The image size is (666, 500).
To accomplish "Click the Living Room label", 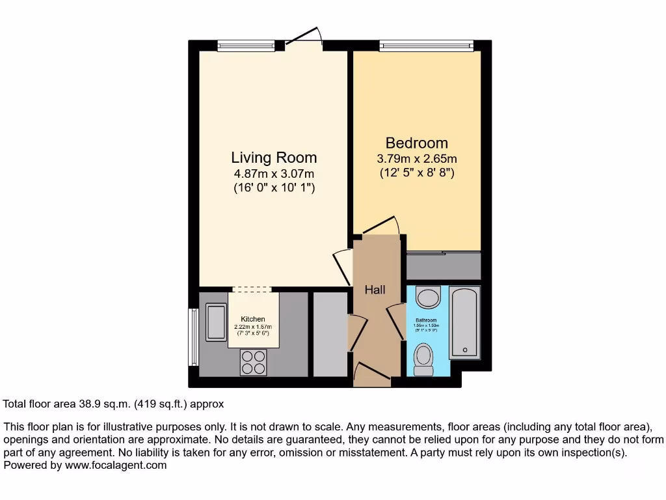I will point(274,158).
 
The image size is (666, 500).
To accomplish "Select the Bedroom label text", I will point(416,143).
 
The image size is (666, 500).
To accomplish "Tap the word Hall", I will point(375,289).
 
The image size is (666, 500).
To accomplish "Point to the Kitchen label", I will point(253,319).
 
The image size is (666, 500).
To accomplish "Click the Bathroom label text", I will point(427,321).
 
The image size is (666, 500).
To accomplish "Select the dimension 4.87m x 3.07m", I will point(274,173).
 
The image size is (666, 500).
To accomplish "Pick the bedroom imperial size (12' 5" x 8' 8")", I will point(416,173).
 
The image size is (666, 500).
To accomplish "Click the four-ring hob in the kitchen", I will point(254,362).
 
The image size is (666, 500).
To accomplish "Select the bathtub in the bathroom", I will point(464,322).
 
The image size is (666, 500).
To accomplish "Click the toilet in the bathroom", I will point(424,359).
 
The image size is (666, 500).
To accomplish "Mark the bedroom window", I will point(427,45).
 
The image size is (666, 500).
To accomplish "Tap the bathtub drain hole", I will point(465,350).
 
